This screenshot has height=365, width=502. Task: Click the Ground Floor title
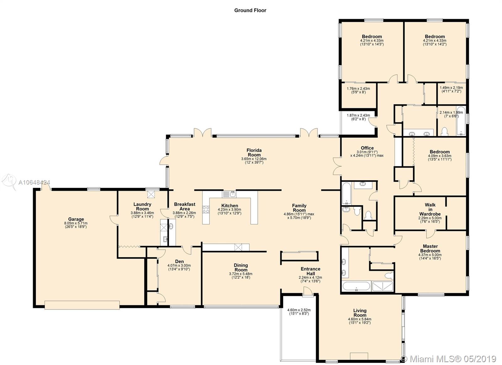pos(250,10)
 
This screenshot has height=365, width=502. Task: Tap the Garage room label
pos(76,219)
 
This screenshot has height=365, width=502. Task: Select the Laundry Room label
pos(142,206)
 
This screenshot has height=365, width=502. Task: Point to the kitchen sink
pos(229,194)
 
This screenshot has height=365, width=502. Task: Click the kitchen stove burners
pos(206,210)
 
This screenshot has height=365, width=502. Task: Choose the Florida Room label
pos(254,153)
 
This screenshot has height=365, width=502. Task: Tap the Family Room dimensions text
pos(299,216)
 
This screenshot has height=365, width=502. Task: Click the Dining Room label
pos(241,267)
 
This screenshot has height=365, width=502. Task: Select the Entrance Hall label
pos(310,271)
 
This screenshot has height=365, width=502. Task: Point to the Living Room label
pos(360,313)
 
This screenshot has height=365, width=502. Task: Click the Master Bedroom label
pos(430,249)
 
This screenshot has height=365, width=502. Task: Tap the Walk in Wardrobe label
pos(430,209)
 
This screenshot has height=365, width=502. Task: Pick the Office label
pos(367,148)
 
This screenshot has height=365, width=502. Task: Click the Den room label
pos(179,261)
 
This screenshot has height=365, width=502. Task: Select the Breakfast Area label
pos(184,207)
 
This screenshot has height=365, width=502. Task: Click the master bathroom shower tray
pos(382,286)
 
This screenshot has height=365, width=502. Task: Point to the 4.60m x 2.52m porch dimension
pos(299,312)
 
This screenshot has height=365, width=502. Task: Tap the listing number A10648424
pos(34,183)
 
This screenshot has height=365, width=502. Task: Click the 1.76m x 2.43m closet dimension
pos(358,90)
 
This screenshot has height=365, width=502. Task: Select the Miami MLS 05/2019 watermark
pos(448,359)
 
